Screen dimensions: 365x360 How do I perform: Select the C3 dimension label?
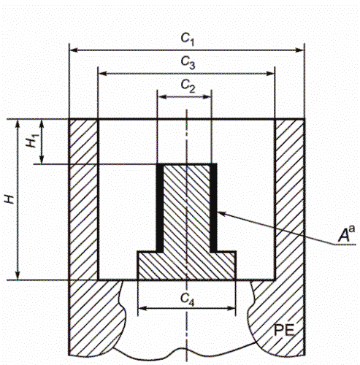pyautogui.click(x=188, y=64)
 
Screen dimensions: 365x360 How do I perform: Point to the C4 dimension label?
pyautogui.click(x=188, y=298)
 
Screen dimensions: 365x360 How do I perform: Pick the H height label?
pyautogui.click(x=8, y=199)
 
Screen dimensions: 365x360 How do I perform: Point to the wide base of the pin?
pyautogui.click(x=187, y=264)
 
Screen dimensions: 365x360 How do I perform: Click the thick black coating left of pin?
pyautogui.click(x=158, y=208)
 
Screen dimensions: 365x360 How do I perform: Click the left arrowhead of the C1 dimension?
pyautogui.click(x=72, y=50)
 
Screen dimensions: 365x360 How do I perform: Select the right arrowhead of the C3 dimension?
pyautogui.click(x=271, y=73)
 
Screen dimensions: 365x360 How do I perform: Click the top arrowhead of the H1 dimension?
pyautogui.click(x=42, y=123)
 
